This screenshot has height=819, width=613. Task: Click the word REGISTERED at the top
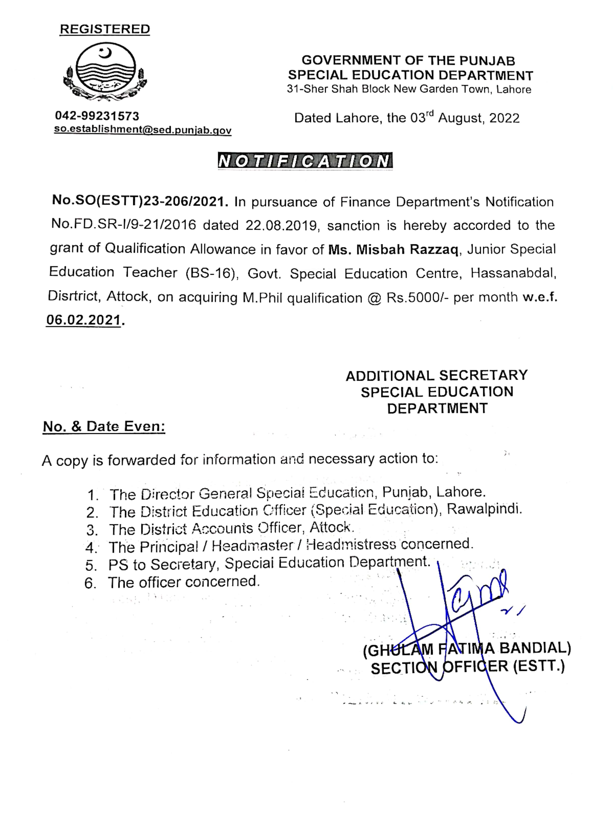coord(105,29)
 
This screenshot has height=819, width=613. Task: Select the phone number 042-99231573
coord(97,116)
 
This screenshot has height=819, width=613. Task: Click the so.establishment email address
coord(143,130)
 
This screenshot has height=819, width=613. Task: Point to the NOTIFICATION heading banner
coord(305,161)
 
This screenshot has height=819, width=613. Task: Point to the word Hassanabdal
coord(513,273)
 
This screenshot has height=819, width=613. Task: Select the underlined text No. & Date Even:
coord(104,427)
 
